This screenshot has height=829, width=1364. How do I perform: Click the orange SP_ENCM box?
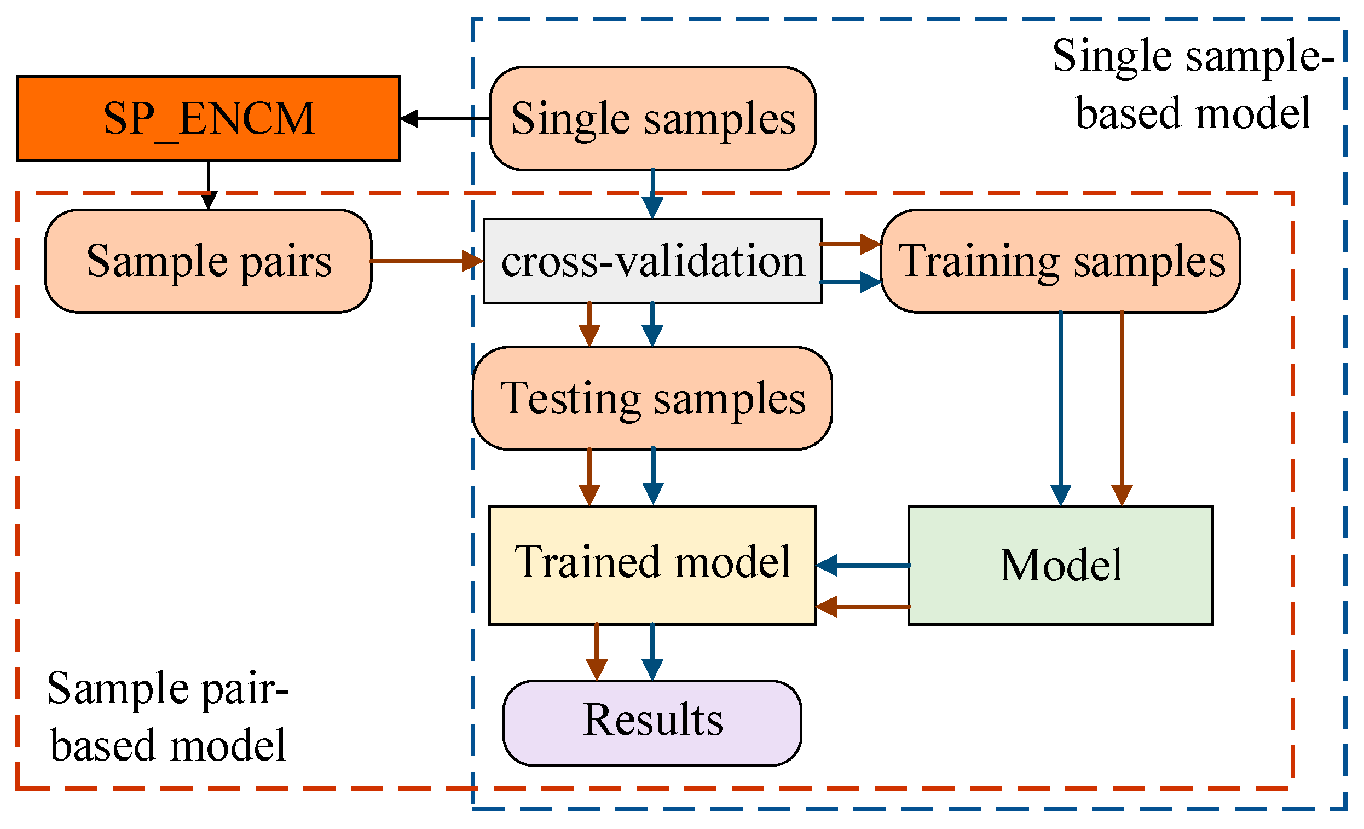click(208, 118)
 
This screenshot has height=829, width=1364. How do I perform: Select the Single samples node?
click(652, 118)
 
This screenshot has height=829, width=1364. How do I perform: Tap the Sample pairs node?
click(208, 261)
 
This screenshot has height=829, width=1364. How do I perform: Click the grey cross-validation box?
click(652, 261)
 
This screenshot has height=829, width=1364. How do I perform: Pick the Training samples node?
click(1060, 261)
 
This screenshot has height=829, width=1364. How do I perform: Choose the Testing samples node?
click(652, 398)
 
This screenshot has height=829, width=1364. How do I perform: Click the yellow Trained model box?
click(652, 565)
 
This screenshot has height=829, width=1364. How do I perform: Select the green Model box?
click(1060, 565)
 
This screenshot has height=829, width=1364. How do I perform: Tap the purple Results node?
click(652, 723)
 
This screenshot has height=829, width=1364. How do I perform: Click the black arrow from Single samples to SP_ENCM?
click(443, 118)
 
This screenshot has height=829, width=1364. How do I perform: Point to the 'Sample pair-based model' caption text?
click(167, 716)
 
